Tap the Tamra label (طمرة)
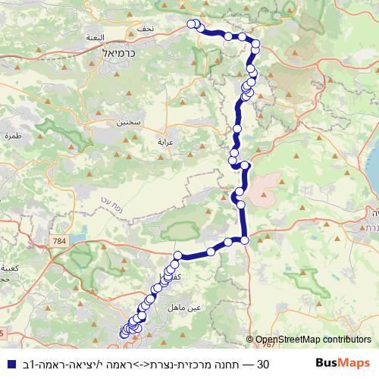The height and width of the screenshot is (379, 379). point(14,135)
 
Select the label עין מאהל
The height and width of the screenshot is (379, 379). point(192,307)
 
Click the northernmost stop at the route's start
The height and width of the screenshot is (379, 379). point(192,23)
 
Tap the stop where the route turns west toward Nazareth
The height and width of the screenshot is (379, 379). point(246,240)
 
